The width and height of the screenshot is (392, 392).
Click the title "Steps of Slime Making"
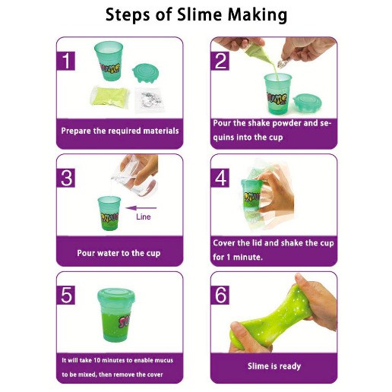point(196,14)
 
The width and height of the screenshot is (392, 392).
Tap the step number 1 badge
point(66,61)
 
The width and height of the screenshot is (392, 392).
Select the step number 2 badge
point(220,61)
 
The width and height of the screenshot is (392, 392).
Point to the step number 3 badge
point(66,178)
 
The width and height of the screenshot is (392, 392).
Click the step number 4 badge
point(220,178)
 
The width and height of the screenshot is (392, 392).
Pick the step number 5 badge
point(66,295)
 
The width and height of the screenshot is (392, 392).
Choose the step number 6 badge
point(220,295)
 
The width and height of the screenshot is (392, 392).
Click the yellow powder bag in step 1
point(110,96)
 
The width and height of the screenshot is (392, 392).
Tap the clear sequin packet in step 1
point(150,100)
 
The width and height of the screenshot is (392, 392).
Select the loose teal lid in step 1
point(146,73)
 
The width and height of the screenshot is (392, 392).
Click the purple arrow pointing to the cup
point(141,208)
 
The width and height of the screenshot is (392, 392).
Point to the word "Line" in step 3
point(144,217)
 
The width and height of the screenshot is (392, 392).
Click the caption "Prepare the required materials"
point(120,131)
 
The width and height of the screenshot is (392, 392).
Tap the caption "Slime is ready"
point(274,366)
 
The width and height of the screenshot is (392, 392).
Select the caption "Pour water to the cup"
point(119,253)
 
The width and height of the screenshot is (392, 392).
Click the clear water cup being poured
point(134,176)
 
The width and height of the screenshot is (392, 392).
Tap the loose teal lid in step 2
point(307,102)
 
